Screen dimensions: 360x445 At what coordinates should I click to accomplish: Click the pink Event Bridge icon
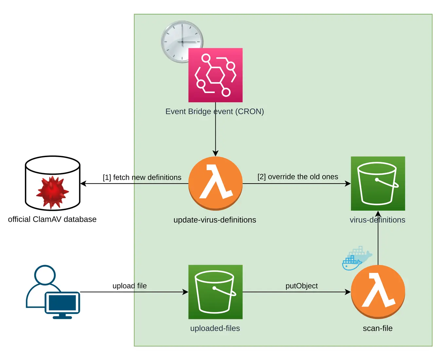point(215,75)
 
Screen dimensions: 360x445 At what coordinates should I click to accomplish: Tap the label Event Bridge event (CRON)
point(214,112)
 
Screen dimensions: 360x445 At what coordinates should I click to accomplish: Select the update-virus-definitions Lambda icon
point(215,183)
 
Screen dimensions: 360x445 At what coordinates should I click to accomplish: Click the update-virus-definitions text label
point(215,220)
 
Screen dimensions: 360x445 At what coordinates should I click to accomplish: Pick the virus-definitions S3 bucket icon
point(378,183)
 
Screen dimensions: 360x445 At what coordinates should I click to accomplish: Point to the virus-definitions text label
point(377,220)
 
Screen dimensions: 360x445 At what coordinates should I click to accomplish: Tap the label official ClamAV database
point(52,219)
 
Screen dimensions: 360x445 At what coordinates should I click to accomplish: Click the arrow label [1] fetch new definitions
point(142,177)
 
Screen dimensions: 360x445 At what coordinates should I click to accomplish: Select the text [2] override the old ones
point(298,177)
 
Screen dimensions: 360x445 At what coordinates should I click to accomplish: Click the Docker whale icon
point(356,259)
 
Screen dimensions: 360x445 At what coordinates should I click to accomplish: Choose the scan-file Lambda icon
point(378,292)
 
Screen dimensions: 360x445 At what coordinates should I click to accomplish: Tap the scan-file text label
point(378,328)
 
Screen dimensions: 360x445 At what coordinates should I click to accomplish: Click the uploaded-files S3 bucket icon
point(215,292)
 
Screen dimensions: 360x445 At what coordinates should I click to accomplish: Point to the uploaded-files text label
point(215,328)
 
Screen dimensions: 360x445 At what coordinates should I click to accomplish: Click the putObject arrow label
point(301,286)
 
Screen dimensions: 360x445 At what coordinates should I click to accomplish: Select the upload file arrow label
point(130,286)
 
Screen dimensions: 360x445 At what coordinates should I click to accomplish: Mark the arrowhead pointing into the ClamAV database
point(83,184)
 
